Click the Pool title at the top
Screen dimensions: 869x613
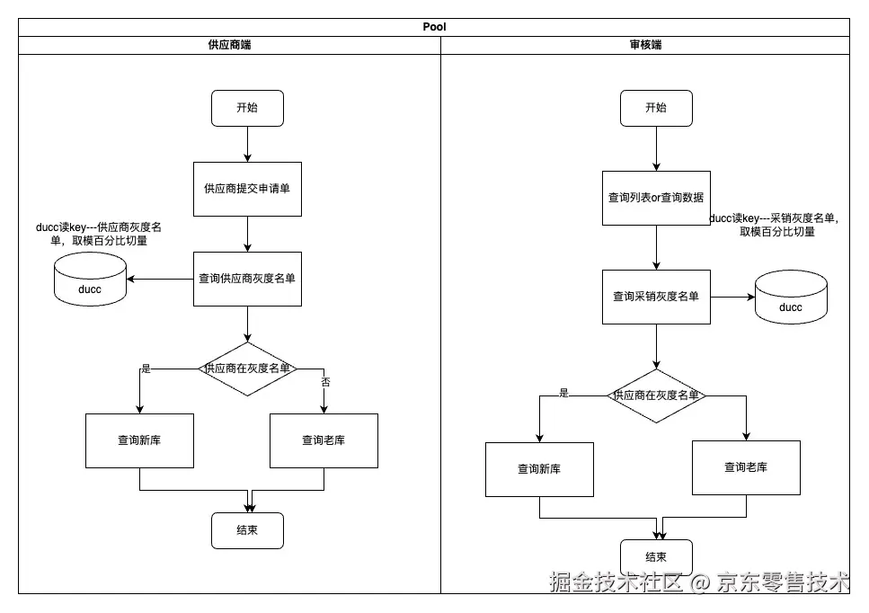point(434,27)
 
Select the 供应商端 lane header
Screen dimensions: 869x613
point(229,45)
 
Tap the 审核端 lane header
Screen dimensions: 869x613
point(645,45)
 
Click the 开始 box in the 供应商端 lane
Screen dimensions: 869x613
point(247,108)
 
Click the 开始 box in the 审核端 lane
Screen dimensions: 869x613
point(656,108)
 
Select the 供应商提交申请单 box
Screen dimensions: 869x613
point(247,189)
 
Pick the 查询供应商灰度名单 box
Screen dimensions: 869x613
point(247,279)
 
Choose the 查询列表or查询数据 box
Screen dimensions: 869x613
point(656,198)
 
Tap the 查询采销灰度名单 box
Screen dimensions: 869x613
point(656,298)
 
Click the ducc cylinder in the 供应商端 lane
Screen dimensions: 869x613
point(91,280)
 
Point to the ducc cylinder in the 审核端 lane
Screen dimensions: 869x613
point(791,298)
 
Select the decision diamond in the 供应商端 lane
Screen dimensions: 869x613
point(247,369)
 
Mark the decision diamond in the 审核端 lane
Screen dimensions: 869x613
point(656,395)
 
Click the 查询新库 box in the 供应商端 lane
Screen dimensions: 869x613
point(139,440)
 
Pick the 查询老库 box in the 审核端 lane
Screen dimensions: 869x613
point(746,467)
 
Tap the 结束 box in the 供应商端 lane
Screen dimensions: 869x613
point(247,530)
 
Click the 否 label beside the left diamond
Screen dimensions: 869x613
point(325,382)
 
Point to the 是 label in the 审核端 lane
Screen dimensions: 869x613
point(563,393)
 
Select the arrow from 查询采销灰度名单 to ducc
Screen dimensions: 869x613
point(732,298)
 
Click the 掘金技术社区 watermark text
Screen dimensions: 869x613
point(616,582)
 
